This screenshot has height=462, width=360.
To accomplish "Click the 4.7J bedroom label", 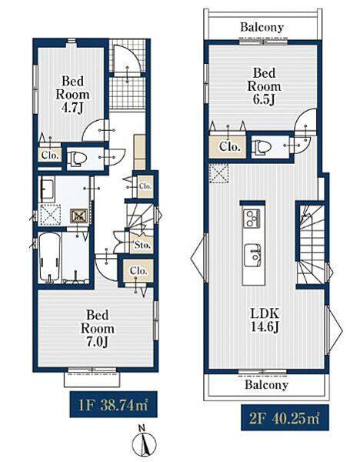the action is (73, 95).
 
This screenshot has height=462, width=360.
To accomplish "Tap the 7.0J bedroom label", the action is (98, 329).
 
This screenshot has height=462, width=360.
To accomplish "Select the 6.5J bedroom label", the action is (264, 86).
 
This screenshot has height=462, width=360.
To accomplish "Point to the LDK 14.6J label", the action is (265, 320).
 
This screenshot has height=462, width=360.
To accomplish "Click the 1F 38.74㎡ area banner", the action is (113, 404).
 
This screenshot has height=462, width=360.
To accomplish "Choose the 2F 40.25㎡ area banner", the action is (285, 417).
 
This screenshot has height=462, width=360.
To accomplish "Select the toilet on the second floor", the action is (262, 146).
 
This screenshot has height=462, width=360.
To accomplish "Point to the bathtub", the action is (50, 256).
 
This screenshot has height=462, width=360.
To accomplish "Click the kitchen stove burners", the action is (251, 218).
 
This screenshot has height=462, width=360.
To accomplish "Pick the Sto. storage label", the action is (142, 245).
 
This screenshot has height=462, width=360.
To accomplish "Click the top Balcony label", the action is (262, 27).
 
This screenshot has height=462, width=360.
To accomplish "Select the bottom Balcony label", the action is (266, 384).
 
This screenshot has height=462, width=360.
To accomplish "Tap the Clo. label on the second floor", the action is (228, 146).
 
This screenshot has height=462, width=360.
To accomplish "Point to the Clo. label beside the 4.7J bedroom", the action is (51, 155).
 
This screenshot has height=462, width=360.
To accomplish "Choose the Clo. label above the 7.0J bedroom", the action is (138, 270).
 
